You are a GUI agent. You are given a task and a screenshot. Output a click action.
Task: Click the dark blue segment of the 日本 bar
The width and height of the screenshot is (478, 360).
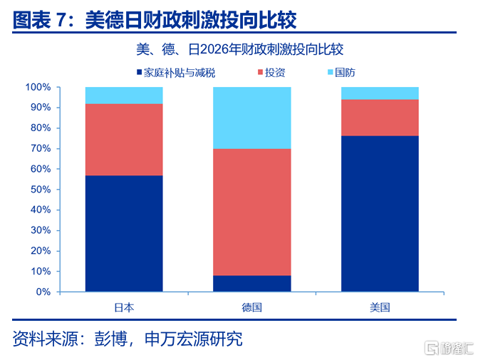pos(124,233)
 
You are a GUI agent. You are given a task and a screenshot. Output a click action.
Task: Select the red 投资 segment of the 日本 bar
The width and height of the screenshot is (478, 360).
pos(124,140)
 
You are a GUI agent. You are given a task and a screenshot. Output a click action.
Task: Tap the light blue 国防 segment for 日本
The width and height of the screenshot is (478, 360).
pos(124,96)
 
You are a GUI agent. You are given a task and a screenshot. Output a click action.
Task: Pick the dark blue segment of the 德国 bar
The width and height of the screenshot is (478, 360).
pos(252,283)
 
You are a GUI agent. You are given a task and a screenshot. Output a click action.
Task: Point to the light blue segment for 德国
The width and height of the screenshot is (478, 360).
pos(252,118)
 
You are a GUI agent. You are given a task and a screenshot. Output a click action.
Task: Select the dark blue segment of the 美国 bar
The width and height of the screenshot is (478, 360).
pos(380,213)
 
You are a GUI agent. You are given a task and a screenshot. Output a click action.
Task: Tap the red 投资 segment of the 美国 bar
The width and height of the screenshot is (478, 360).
pos(380,118)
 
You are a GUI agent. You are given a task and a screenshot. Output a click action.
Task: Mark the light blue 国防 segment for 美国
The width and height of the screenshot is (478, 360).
pos(380,93)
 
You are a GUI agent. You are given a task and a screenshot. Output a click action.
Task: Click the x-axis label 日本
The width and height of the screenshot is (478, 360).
pos(124,307)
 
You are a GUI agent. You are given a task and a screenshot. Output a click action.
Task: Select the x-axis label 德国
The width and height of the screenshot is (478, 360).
pos(252,307)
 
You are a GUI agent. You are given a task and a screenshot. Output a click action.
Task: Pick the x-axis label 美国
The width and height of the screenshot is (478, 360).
pos(380,307)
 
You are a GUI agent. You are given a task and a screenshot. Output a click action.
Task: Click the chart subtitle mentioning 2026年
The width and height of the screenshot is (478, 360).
pos(239,49)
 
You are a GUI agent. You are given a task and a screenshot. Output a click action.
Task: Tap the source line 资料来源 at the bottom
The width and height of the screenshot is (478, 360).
pos(128,339)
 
